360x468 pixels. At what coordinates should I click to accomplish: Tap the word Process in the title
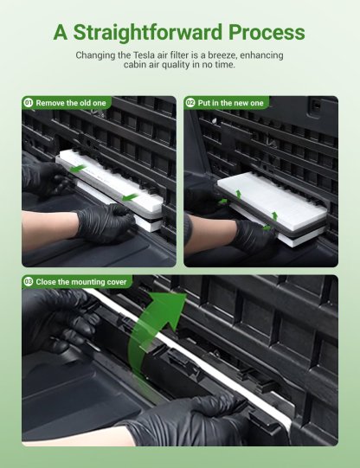(264, 33)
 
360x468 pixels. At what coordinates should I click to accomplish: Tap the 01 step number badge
(29, 103)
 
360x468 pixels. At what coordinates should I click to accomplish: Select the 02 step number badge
(190, 103)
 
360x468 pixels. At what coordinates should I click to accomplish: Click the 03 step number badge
(29, 282)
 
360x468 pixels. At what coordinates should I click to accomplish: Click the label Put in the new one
(231, 103)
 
